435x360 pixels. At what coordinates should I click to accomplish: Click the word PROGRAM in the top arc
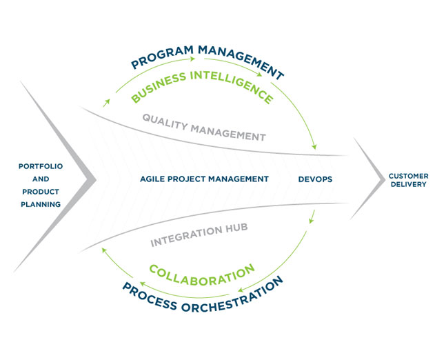(162, 57)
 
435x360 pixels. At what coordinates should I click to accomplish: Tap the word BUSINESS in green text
(158, 87)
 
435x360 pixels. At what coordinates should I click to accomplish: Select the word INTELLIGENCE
(232, 86)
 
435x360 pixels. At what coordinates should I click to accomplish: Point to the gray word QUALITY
(165, 122)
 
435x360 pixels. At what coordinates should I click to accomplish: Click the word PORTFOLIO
(41, 166)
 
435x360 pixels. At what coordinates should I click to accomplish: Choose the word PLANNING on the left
(41, 204)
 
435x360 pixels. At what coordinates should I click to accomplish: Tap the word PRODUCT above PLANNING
(41, 192)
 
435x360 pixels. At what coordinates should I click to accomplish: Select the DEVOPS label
(315, 179)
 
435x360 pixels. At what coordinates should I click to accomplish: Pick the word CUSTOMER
(408, 176)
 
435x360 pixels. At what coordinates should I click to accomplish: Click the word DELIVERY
(408, 184)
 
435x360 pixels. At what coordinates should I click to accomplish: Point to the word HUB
(236, 228)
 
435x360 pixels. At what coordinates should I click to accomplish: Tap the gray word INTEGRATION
(186, 236)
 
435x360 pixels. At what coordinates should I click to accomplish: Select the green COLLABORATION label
(202, 275)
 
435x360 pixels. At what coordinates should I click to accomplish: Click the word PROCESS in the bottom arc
(150, 297)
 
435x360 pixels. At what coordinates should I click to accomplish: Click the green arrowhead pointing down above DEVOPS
(314, 146)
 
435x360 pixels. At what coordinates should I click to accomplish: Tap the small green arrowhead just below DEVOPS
(312, 221)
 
